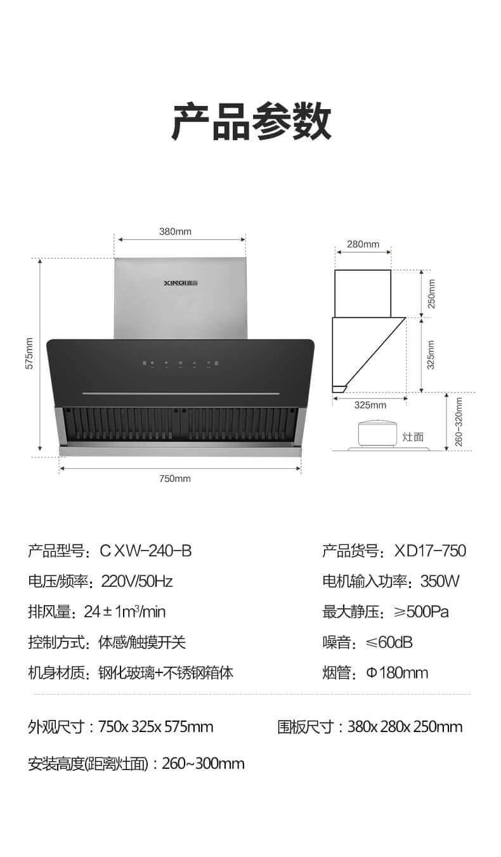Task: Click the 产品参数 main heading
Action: (x=251, y=122)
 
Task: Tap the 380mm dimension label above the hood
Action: (x=175, y=232)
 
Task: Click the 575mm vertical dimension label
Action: (x=29, y=353)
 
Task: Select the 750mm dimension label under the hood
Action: (x=175, y=478)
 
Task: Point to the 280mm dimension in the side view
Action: (x=363, y=244)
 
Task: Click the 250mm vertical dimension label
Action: (x=431, y=294)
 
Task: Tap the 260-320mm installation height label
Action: (x=459, y=422)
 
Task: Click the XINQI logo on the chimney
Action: (x=181, y=283)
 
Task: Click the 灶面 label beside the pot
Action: (x=413, y=437)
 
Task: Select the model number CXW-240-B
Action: (x=145, y=551)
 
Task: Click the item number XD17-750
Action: (x=430, y=551)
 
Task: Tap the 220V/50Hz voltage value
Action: (x=137, y=581)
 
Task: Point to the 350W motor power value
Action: (x=440, y=581)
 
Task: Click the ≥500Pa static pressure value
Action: (x=422, y=612)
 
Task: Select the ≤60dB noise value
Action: (x=389, y=643)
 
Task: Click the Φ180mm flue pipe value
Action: (x=397, y=672)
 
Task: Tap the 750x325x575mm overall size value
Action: (x=156, y=727)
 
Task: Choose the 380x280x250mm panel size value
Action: (x=405, y=727)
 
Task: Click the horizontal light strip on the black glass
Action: (x=181, y=393)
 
